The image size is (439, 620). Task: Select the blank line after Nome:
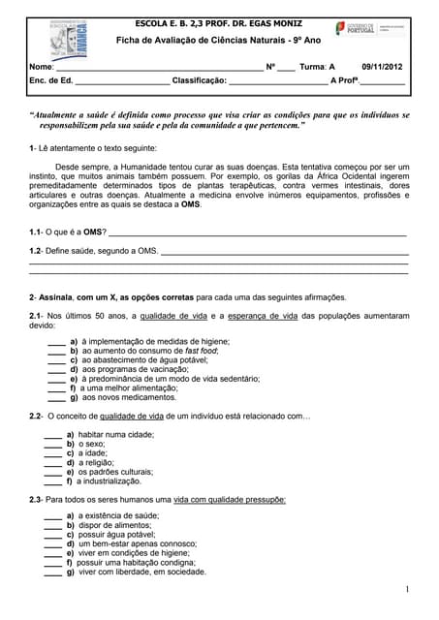pos(159,69)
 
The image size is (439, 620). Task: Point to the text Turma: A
pos(317,67)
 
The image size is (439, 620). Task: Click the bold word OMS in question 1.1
pos(93,233)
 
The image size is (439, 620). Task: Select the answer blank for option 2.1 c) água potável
pos(57,359)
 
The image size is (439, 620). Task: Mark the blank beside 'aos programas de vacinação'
pos(57,369)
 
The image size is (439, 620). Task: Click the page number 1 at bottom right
pos(408,589)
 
